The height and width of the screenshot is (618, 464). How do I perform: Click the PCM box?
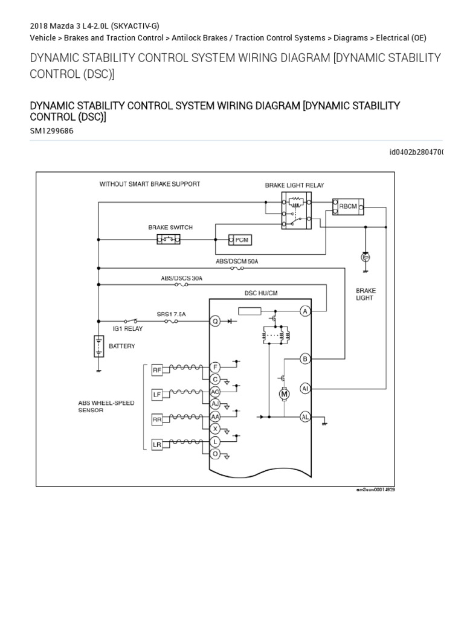click(239, 240)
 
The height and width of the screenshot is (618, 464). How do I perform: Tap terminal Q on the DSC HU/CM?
click(214, 321)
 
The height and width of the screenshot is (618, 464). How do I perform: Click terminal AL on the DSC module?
click(306, 416)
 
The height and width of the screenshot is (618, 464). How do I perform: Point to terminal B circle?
click(306, 359)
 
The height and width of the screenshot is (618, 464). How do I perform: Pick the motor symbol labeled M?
click(283, 394)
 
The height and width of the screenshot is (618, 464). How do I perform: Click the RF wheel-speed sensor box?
click(156, 370)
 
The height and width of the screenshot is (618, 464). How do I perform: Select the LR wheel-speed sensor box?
click(156, 445)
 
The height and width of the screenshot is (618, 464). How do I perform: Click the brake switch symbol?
click(169, 240)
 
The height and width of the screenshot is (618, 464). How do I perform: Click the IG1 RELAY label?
click(129, 328)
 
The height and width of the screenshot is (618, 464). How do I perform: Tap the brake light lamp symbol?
click(364, 258)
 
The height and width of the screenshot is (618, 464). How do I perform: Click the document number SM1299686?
click(51, 130)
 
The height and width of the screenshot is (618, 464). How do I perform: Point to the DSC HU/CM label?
click(260, 293)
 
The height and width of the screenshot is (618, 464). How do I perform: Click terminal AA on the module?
click(214, 416)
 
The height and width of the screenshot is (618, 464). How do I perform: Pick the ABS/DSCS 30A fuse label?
click(182, 278)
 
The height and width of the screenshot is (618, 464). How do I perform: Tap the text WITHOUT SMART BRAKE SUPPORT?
click(150, 184)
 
